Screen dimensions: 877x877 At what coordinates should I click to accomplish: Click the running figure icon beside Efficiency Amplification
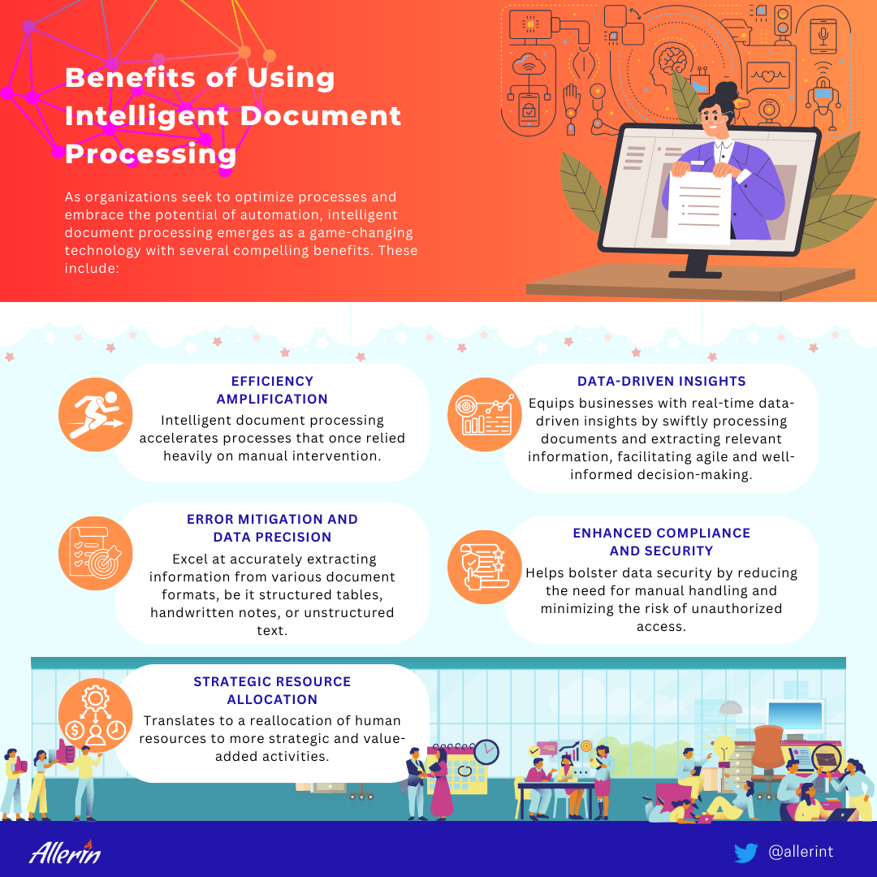click(95, 414)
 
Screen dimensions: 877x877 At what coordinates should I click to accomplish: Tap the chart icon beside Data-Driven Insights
click(484, 414)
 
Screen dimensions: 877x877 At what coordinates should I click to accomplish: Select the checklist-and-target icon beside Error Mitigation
click(95, 553)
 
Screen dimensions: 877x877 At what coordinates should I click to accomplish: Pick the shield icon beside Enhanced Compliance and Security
click(484, 567)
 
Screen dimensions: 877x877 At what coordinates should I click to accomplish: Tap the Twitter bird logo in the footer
click(745, 853)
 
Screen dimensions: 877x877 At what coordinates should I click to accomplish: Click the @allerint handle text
click(801, 851)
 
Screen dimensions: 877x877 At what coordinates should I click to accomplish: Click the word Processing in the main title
click(150, 154)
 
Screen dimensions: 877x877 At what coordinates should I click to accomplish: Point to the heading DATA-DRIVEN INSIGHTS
click(661, 381)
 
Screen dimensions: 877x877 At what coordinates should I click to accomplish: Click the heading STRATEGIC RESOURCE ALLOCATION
click(272, 690)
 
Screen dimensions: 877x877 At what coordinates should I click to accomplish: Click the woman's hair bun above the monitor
click(727, 90)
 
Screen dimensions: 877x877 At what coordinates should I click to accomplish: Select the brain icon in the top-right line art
click(673, 60)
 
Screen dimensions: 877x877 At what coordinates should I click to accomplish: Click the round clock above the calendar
click(486, 752)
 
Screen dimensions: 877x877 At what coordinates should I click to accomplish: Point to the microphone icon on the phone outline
click(823, 35)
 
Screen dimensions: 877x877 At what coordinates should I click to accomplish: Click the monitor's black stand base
click(695, 274)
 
